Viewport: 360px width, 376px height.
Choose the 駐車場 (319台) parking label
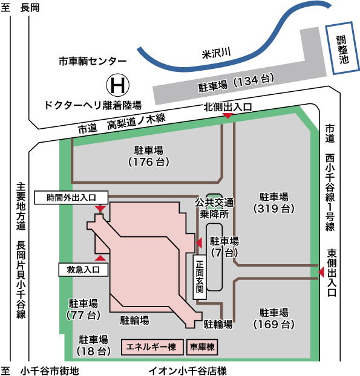click(x=273, y=203)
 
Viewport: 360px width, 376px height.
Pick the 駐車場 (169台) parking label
click(x=273, y=319)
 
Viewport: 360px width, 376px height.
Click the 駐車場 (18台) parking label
click(x=94, y=345)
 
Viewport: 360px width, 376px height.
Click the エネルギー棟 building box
click(x=152, y=347)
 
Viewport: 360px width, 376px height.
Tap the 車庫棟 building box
click(x=202, y=347)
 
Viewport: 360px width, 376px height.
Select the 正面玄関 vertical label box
click(x=199, y=277)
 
